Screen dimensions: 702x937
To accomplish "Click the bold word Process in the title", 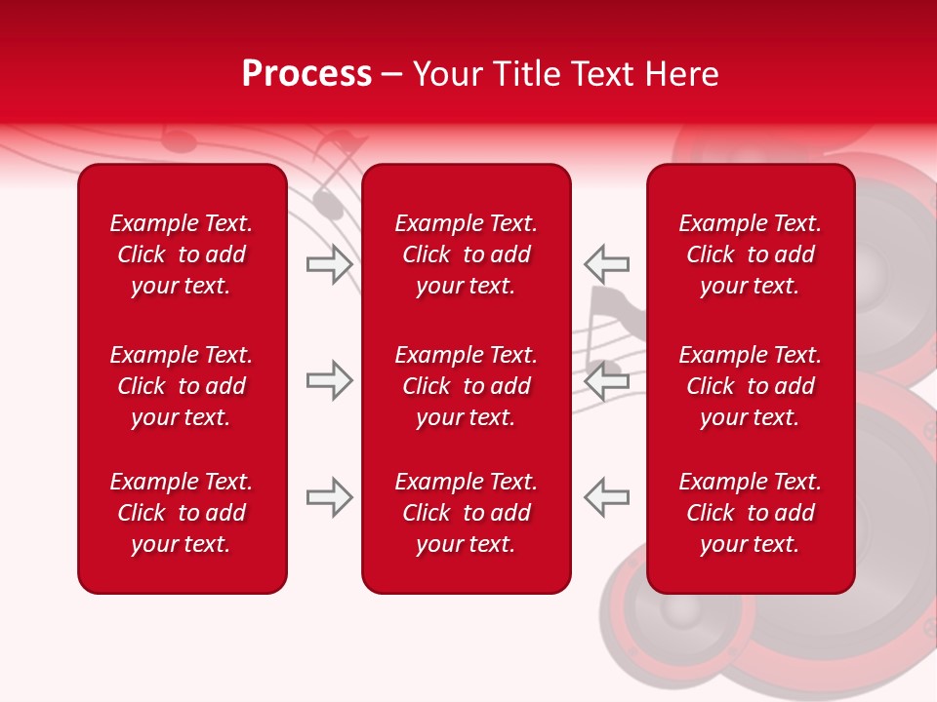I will click(306, 74).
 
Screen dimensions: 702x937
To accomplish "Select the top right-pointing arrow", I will click(329, 263).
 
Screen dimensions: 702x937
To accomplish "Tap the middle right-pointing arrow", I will click(329, 380).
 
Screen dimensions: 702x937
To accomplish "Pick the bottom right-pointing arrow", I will click(329, 497).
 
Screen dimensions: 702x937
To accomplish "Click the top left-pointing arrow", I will click(607, 263).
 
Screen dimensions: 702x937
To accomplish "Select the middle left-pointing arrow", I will click(607, 380).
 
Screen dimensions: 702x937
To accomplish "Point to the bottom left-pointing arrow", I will click(607, 497).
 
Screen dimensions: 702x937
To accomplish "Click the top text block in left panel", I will click(182, 254).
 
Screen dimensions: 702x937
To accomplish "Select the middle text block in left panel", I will click(182, 386).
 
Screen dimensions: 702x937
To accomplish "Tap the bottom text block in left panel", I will click(182, 513).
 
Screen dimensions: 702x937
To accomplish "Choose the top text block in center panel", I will click(466, 254).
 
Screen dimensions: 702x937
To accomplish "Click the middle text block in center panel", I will click(466, 386).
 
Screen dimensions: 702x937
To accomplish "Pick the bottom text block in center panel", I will click(466, 513).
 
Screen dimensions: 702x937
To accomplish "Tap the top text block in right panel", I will click(750, 254).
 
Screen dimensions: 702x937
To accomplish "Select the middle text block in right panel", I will click(750, 386).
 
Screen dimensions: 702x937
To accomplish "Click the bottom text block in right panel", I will click(750, 513).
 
